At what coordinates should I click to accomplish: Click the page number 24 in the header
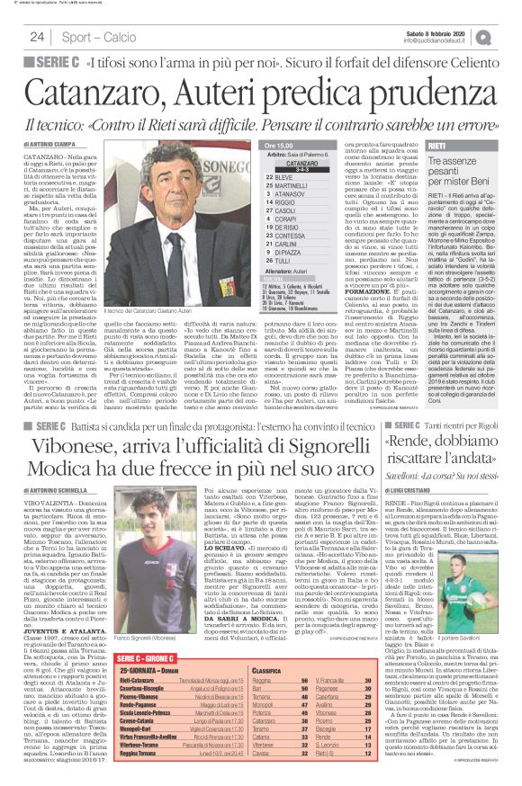37,36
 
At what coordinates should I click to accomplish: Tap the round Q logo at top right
508,35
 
